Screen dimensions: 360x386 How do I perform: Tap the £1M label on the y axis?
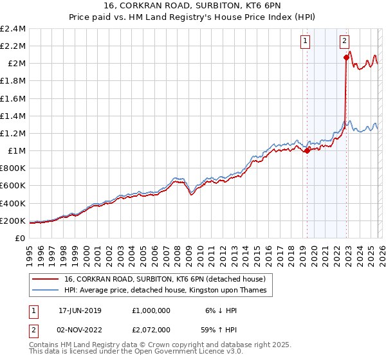pos(16,151)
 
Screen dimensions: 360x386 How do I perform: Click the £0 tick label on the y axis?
pos(21,238)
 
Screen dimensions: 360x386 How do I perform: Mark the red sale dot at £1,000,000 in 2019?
pos(307,151)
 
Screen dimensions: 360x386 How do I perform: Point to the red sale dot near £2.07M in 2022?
pos(346,57)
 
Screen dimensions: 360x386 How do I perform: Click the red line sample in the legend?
pos(45,279)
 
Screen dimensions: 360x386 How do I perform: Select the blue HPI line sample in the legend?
pos(45,290)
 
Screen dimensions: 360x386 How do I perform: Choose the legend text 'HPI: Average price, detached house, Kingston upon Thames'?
pos(169,290)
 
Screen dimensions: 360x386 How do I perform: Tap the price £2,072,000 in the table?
pos(151,330)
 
